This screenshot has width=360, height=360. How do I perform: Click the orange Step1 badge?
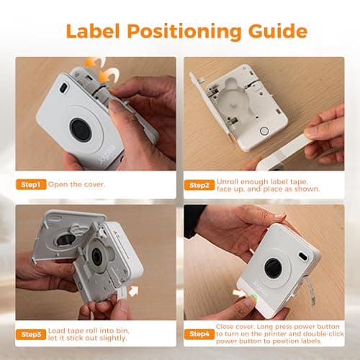pos(31,185)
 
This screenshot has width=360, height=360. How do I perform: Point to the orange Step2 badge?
pos(199,185)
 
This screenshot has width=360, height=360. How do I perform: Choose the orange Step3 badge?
pos(31,334)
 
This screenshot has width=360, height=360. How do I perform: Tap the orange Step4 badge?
pos(199,334)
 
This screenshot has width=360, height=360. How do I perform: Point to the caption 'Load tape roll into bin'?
pos(101,334)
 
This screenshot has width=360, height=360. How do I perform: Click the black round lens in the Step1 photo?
pos(81,130)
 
